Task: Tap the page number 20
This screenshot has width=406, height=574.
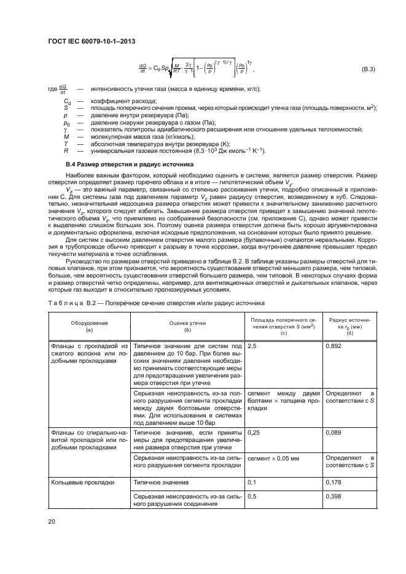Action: (52, 521)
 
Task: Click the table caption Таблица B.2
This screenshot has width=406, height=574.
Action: (155, 303)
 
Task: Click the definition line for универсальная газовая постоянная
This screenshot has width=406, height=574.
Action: (178, 151)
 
